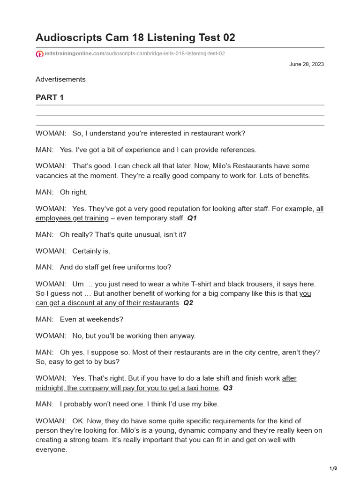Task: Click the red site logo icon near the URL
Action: (x=39, y=54)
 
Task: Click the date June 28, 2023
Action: (x=307, y=64)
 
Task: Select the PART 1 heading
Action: (x=50, y=97)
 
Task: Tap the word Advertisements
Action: (x=60, y=79)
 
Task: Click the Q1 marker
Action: (x=193, y=218)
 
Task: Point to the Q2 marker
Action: (x=188, y=303)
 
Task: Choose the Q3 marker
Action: (x=227, y=388)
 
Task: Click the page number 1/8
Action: (x=333, y=468)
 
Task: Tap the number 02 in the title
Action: (x=228, y=37)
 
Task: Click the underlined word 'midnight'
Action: (x=49, y=388)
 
